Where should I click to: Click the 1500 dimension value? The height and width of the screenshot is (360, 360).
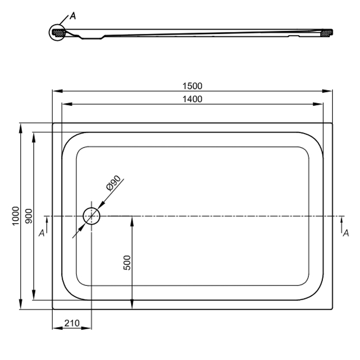click(192, 86)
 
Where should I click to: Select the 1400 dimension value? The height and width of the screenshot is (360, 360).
click(192, 99)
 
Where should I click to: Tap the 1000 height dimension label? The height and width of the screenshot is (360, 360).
click(15, 216)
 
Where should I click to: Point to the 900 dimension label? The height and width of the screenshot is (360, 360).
click(29, 216)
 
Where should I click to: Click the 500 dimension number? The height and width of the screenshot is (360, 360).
click(127, 263)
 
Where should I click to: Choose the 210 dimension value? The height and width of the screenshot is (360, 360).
click(72, 323)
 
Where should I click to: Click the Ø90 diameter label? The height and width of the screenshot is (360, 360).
click(114, 183)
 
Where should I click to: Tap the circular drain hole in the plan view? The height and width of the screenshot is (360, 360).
click(92, 216)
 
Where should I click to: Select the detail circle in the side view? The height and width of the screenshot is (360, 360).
click(58, 32)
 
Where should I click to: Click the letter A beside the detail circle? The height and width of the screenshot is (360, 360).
click(73, 16)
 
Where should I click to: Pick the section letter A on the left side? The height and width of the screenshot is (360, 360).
click(42, 233)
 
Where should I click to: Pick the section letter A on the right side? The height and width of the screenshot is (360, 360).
click(346, 233)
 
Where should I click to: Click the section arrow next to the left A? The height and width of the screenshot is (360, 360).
click(47, 225)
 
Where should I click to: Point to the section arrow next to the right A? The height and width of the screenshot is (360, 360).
click(341, 225)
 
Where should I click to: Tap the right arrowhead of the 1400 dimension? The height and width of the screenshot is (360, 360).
click(318, 104)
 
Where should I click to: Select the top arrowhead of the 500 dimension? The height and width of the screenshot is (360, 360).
click(132, 221)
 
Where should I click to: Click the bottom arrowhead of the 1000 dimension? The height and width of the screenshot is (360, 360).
click(21, 304)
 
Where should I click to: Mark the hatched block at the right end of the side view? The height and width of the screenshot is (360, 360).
click(326, 33)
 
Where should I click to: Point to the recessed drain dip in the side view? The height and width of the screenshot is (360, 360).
click(92, 37)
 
